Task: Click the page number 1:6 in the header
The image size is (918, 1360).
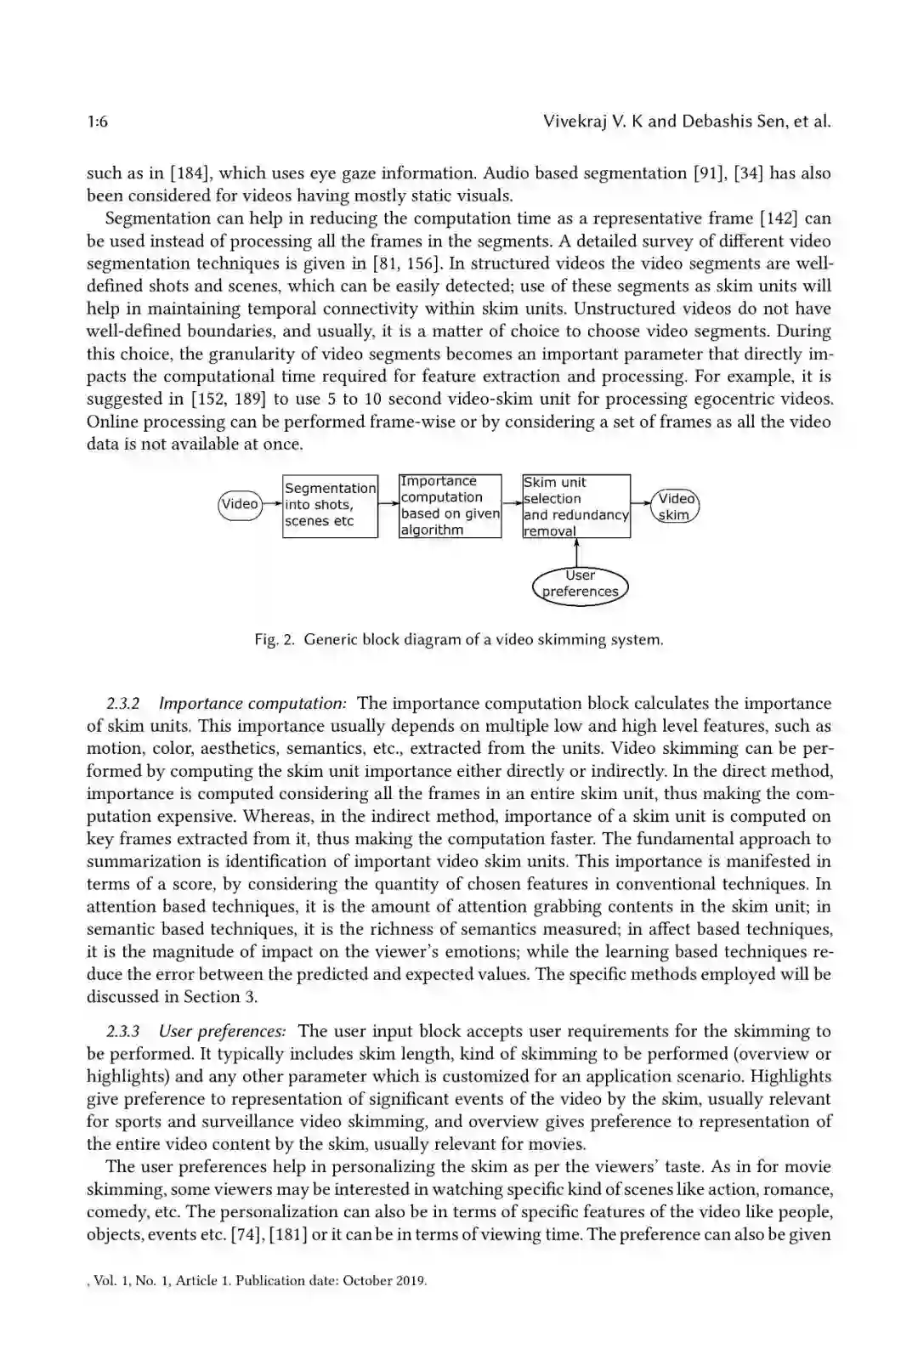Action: pyautogui.click(x=97, y=122)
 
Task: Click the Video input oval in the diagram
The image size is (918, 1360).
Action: pyautogui.click(x=240, y=504)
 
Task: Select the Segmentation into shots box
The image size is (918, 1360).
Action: pyautogui.click(x=330, y=505)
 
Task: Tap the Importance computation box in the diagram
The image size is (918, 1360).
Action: pyautogui.click(x=450, y=506)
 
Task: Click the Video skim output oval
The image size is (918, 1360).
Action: pyautogui.click(x=676, y=507)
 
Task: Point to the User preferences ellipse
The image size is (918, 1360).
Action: pyautogui.click(x=581, y=584)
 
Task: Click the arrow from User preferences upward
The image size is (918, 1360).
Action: pyautogui.click(x=577, y=550)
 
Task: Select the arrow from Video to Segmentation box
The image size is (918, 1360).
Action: pyautogui.click(x=272, y=504)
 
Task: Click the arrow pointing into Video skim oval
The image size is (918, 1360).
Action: pyautogui.click(x=642, y=503)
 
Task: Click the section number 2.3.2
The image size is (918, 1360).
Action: pyautogui.click(x=123, y=704)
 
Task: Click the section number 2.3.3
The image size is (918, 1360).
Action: pyautogui.click(x=123, y=1032)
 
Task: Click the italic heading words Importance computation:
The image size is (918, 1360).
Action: pyautogui.click(x=252, y=704)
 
